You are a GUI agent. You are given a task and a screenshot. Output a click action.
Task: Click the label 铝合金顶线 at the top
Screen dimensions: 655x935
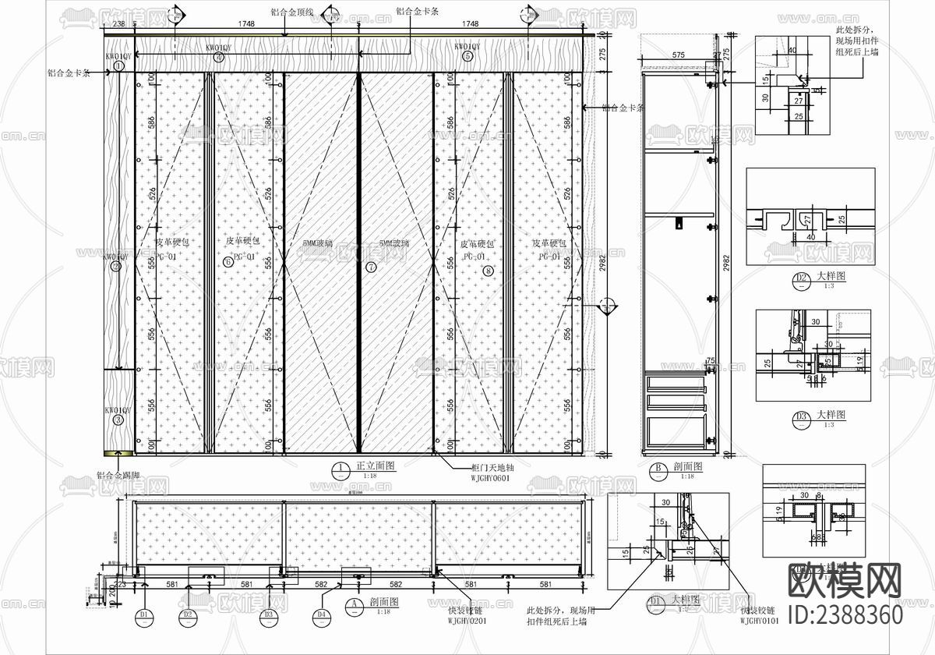click(x=292, y=12)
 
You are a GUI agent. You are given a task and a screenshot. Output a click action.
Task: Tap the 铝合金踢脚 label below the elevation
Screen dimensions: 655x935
click(x=118, y=475)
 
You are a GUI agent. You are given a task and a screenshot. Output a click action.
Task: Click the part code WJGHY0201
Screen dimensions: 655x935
click(x=467, y=621)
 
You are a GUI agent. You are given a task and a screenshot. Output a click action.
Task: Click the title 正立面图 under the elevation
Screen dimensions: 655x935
click(x=376, y=466)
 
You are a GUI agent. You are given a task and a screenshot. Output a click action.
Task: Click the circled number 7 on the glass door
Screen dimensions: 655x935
click(x=371, y=267)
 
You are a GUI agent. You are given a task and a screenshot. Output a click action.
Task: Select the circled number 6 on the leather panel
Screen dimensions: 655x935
click(x=228, y=261)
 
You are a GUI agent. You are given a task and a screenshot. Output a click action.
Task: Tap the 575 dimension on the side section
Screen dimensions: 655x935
click(x=677, y=55)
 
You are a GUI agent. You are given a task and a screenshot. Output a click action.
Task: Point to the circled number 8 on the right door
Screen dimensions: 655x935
click(x=488, y=271)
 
